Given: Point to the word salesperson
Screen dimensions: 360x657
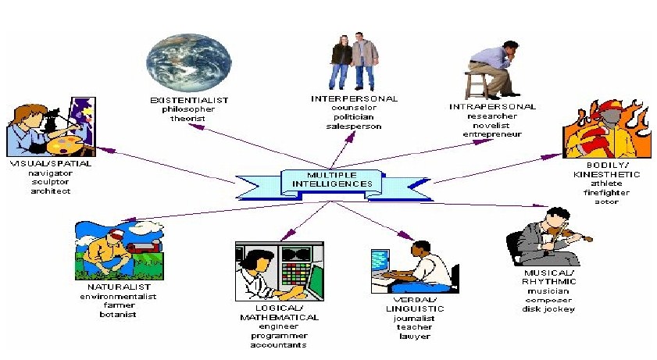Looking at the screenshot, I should click(x=355, y=126).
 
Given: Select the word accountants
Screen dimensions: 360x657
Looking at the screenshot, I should click(x=279, y=344).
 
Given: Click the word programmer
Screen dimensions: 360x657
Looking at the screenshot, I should click(x=279, y=336).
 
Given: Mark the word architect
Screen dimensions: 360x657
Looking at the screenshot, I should click(x=52, y=191).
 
